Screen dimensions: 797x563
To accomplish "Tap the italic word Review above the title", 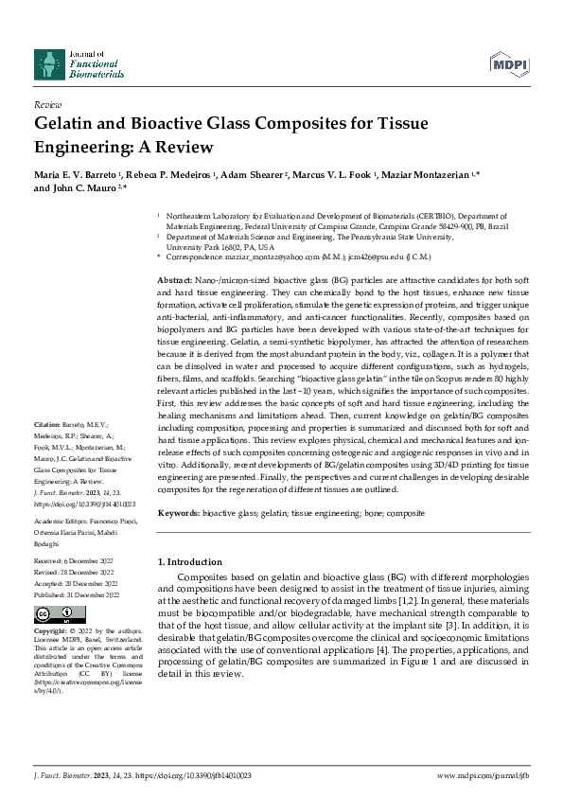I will tap(47, 104).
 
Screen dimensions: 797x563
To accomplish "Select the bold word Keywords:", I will tap(177, 512).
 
